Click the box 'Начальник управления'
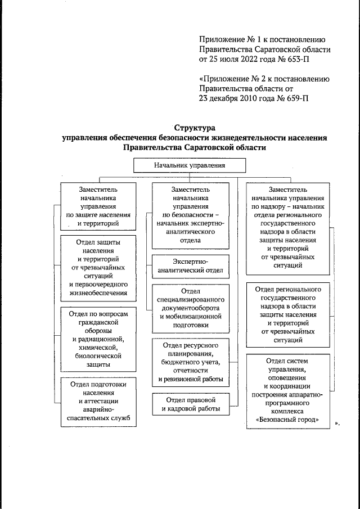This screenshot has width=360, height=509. click(190, 166)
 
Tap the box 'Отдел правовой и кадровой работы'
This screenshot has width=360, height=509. click(190, 404)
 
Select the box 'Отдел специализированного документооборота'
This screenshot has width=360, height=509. click(190, 308)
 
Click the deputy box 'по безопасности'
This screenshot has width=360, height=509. click(190, 215)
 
